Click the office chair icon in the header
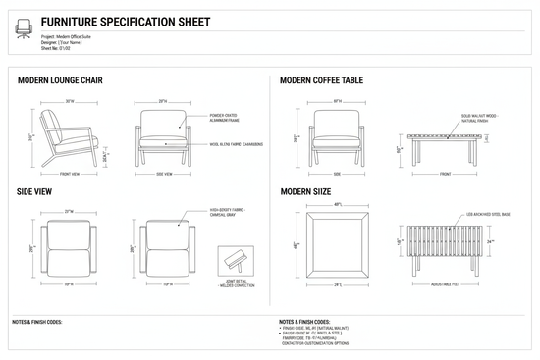(x=23, y=29)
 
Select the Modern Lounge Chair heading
(x=62, y=80)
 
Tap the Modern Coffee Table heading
(x=322, y=80)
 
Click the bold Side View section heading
(x=35, y=192)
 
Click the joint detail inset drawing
(x=237, y=262)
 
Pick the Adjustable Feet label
(x=446, y=284)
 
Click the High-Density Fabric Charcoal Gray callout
(x=230, y=212)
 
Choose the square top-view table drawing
(x=337, y=243)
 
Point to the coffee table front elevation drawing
(x=446, y=150)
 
